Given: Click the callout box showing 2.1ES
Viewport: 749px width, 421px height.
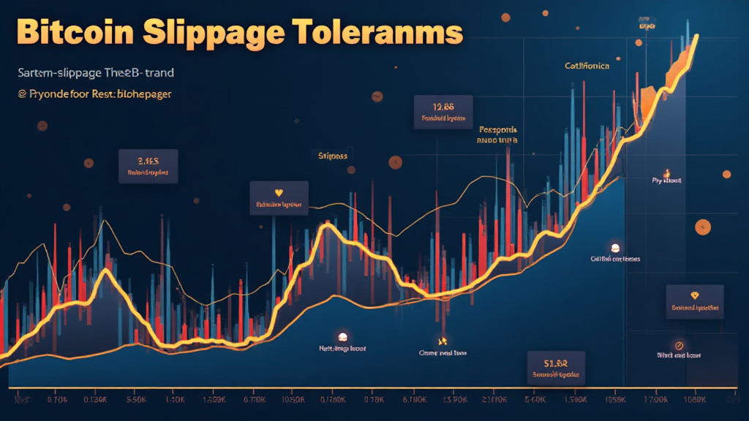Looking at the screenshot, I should tap(148, 166).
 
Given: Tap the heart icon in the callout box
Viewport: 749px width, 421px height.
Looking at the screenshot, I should tap(278, 193).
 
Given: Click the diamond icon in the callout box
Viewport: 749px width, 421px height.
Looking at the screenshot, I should tap(694, 296).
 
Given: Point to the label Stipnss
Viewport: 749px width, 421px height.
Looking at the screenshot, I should tap(333, 155).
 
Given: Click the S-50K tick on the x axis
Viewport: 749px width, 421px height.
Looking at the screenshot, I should tap(137, 400).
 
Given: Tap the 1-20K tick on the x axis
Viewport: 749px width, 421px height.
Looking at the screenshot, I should tap(174, 400).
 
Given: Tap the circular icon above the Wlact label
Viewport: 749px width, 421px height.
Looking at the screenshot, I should tap(679, 344).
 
